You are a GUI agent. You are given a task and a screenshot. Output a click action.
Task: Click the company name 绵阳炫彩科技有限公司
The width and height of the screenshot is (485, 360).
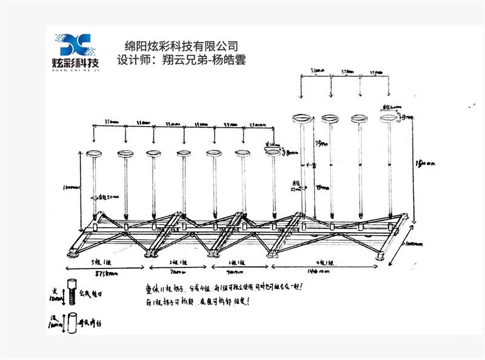(180, 46)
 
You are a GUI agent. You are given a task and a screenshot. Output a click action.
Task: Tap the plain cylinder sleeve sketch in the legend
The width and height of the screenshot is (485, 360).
(72, 321)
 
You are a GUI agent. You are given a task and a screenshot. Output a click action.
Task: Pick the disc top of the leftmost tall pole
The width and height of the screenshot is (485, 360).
(302, 119)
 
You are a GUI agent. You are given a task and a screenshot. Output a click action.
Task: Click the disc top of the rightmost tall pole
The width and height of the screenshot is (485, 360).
(389, 119)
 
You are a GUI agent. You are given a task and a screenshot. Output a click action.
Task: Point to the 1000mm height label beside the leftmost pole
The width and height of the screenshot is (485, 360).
(73, 188)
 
